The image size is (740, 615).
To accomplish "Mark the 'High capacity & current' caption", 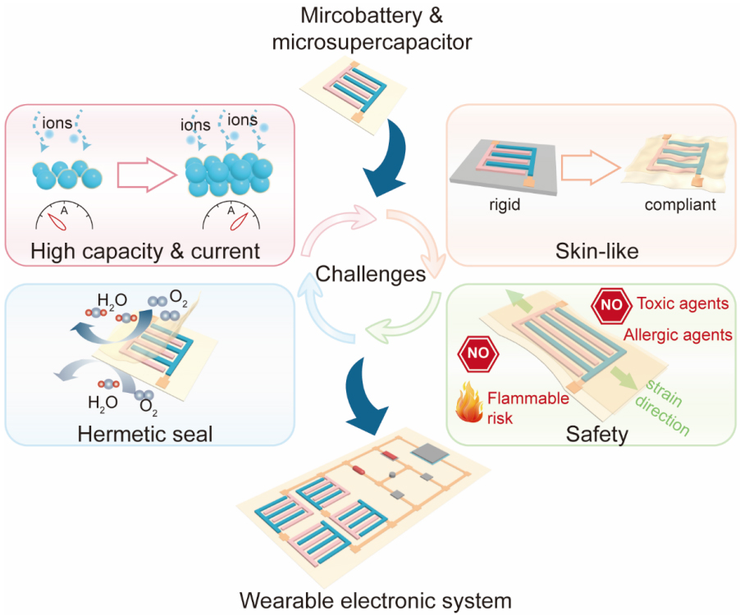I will coord(145,250).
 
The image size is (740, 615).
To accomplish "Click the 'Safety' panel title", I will coord(596,432).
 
